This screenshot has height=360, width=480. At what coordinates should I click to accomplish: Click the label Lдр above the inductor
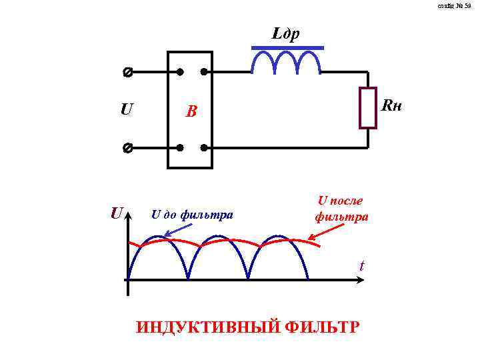(287, 33)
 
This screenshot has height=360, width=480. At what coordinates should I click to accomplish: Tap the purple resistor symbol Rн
(367, 107)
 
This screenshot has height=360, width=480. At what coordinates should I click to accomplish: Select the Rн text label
(393, 106)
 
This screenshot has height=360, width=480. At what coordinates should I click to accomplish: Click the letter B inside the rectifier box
(191, 112)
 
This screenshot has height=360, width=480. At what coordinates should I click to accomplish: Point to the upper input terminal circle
(127, 71)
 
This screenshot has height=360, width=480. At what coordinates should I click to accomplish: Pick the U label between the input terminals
(126, 109)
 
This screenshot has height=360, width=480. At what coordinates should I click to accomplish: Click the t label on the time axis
(362, 266)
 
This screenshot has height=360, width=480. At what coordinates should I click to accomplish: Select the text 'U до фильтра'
(192, 215)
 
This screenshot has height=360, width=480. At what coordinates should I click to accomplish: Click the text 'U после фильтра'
(341, 208)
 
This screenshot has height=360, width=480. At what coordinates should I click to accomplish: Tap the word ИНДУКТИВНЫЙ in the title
(207, 327)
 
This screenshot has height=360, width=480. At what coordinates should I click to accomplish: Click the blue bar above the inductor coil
(287, 48)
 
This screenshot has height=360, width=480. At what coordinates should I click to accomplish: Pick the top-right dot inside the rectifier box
(204, 71)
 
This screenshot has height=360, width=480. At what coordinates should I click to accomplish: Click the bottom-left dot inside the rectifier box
(179, 147)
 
